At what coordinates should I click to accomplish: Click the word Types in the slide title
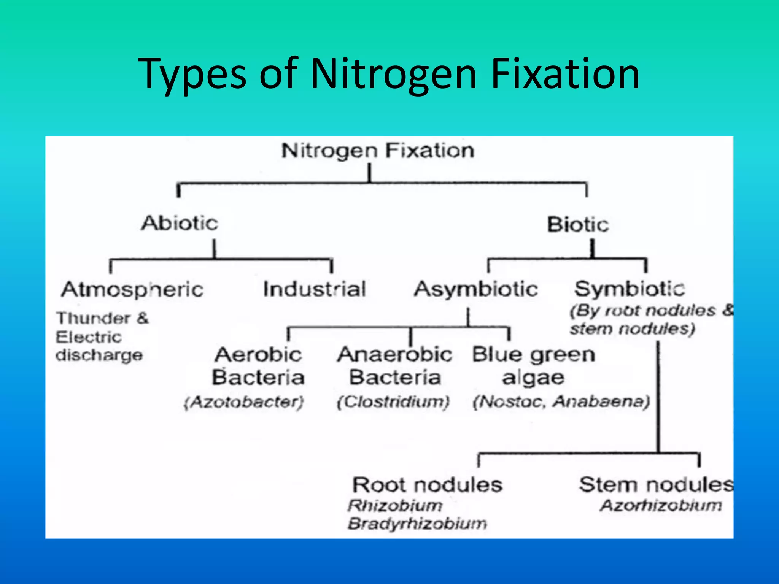pyautogui.click(x=192, y=74)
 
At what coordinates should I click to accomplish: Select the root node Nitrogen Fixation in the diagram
pyautogui.click(x=378, y=151)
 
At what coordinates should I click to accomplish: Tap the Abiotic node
pyautogui.click(x=180, y=223)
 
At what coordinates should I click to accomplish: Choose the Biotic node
pyautogui.click(x=578, y=224)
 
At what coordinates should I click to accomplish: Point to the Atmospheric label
pyautogui.click(x=132, y=290)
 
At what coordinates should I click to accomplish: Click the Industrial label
pyautogui.click(x=315, y=289)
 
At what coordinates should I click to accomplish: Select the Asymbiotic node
pyautogui.click(x=476, y=289)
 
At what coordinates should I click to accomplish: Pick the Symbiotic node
pyautogui.click(x=630, y=289)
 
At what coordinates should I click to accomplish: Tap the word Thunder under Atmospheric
pyautogui.click(x=93, y=318)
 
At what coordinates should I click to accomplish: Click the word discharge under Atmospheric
pyautogui.click(x=99, y=355)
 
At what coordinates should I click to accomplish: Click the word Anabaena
pyautogui.click(x=601, y=401)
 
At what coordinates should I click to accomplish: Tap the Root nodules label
pyautogui.click(x=427, y=485)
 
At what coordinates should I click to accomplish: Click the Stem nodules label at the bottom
pyautogui.click(x=656, y=485)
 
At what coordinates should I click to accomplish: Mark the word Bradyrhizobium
pyautogui.click(x=417, y=524)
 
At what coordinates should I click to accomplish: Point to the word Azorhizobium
pyautogui.click(x=661, y=506)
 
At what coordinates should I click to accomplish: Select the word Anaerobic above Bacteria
pyautogui.click(x=395, y=355)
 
